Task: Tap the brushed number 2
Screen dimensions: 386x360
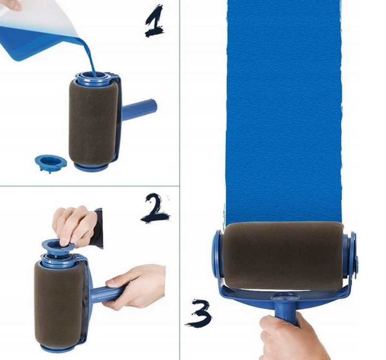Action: click(x=155, y=208)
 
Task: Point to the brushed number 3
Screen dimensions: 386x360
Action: click(x=199, y=313)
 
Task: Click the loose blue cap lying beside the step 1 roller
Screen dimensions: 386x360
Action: click(x=50, y=163)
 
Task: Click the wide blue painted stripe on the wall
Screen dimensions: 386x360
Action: click(x=284, y=111)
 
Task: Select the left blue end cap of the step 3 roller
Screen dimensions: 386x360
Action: click(x=218, y=255)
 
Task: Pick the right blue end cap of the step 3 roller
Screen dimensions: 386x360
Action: click(x=351, y=256)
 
